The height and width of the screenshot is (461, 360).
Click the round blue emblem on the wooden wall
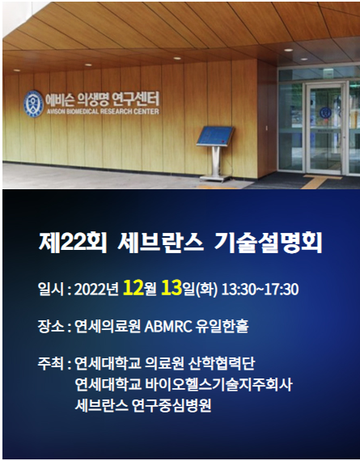(33, 104)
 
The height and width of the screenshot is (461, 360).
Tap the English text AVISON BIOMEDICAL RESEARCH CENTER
(103, 112)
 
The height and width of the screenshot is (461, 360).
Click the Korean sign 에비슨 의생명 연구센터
(103, 99)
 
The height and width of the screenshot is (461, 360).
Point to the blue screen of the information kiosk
(215, 136)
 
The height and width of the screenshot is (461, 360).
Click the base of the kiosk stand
(216, 178)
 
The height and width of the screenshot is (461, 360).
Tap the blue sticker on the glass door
(325, 112)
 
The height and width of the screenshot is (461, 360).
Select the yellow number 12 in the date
(133, 288)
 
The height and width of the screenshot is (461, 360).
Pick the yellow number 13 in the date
(172, 288)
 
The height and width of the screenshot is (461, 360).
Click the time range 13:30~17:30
(260, 289)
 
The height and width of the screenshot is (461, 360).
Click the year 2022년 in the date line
(96, 290)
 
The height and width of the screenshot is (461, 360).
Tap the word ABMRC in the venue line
(168, 327)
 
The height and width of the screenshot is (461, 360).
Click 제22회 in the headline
(72, 243)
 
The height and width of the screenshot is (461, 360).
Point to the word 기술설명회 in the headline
(268, 243)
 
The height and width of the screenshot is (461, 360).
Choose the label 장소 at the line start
(51, 326)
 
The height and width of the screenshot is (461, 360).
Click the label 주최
(51, 363)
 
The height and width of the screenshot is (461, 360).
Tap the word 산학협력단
(222, 363)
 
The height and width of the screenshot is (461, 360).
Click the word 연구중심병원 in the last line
(172, 406)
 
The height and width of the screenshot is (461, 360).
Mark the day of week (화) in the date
(206, 290)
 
